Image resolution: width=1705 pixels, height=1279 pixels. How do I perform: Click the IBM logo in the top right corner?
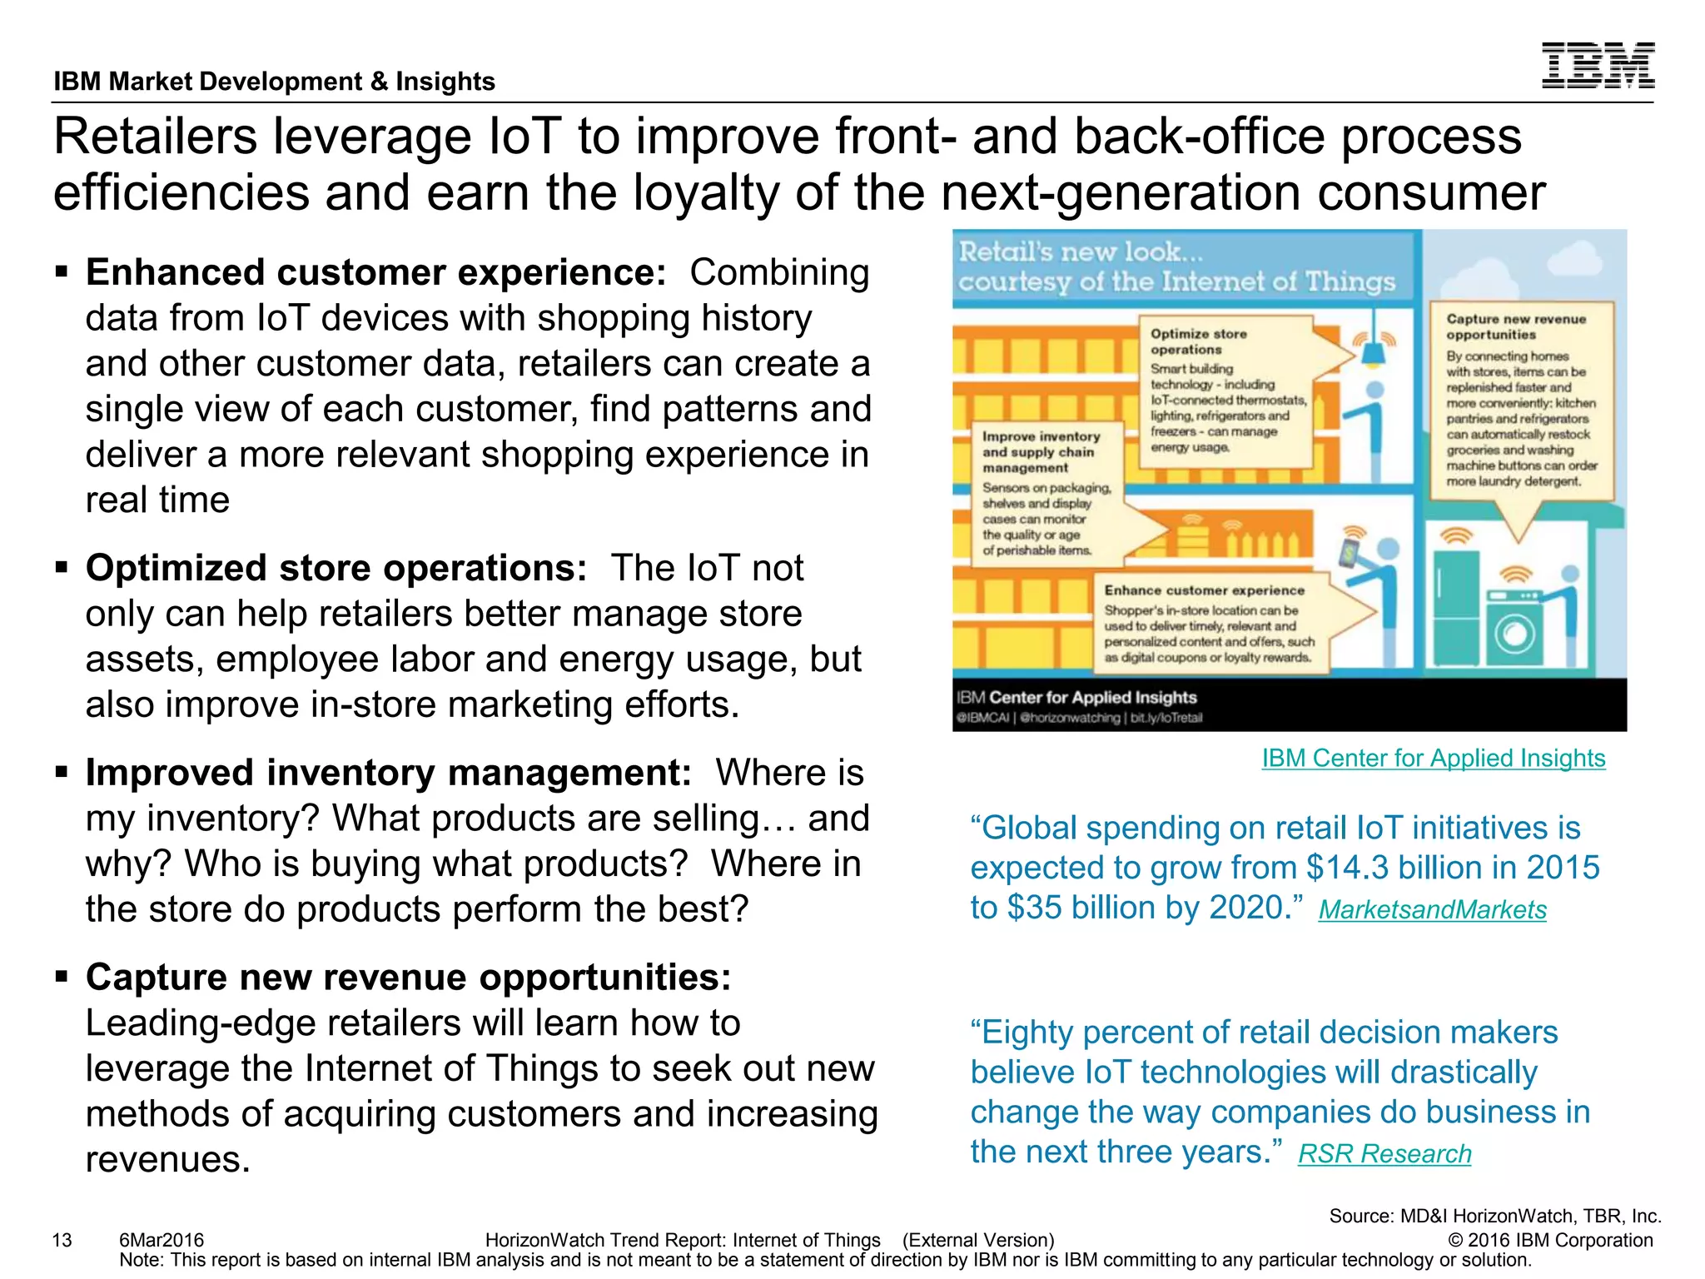(x=1598, y=65)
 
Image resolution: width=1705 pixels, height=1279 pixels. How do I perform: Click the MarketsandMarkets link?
(x=1432, y=909)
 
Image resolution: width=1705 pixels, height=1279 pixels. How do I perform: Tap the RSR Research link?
(x=1384, y=1153)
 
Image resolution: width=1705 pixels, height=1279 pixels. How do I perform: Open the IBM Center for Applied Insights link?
(x=1433, y=758)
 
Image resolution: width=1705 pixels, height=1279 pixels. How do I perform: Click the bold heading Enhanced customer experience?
(x=375, y=272)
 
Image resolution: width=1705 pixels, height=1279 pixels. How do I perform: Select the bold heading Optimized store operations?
(x=336, y=568)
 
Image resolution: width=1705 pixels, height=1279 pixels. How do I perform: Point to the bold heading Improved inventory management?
(x=388, y=773)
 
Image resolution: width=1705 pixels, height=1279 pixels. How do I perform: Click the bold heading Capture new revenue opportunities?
(x=408, y=978)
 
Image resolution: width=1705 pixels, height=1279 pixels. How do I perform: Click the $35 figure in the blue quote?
(x=1035, y=908)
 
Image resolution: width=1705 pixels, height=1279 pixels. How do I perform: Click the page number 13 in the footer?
(x=62, y=1240)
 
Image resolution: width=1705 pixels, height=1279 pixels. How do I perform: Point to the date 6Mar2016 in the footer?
(x=162, y=1240)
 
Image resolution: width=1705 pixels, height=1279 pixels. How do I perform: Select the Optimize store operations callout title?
(x=1198, y=341)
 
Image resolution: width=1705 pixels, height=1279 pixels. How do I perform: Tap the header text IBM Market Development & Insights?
(x=274, y=82)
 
